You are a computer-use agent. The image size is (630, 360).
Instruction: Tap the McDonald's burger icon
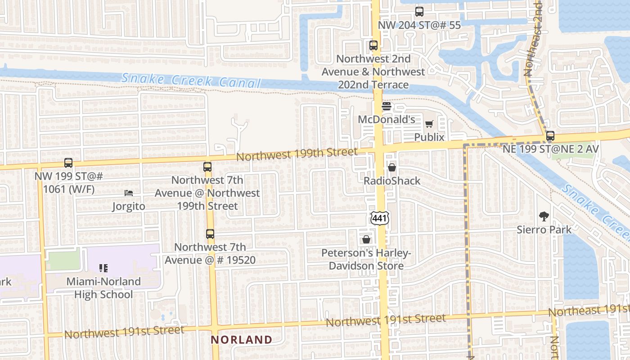[387, 106]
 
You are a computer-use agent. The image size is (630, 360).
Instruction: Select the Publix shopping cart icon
[429, 124]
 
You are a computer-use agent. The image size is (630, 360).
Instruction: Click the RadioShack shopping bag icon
[392, 167]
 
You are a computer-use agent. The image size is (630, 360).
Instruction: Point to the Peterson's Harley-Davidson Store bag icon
[366, 239]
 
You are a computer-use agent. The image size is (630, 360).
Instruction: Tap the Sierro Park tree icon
[544, 216]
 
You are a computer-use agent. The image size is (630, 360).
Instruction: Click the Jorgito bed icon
[129, 193]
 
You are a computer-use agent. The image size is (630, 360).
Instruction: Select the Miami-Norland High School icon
[103, 268]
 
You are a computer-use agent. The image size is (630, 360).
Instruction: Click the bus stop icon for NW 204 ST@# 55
[419, 12]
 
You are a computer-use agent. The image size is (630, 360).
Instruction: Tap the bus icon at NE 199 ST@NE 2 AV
[550, 135]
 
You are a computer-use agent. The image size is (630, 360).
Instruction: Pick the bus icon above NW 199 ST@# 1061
[68, 162]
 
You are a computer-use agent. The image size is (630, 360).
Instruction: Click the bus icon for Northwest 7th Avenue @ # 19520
[210, 234]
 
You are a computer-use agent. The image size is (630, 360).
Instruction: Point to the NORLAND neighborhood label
[242, 339]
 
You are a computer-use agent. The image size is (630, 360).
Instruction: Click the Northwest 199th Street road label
[297, 154]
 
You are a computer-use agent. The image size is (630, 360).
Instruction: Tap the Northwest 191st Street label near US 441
[386, 320]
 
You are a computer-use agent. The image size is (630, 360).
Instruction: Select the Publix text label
[429, 137]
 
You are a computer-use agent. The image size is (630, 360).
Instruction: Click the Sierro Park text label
[544, 229]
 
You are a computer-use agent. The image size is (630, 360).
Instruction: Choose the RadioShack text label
[392, 181]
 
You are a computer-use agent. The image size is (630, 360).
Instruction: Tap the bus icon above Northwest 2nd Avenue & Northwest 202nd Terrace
[373, 45]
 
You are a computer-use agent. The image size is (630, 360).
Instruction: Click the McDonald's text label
[386, 120]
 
